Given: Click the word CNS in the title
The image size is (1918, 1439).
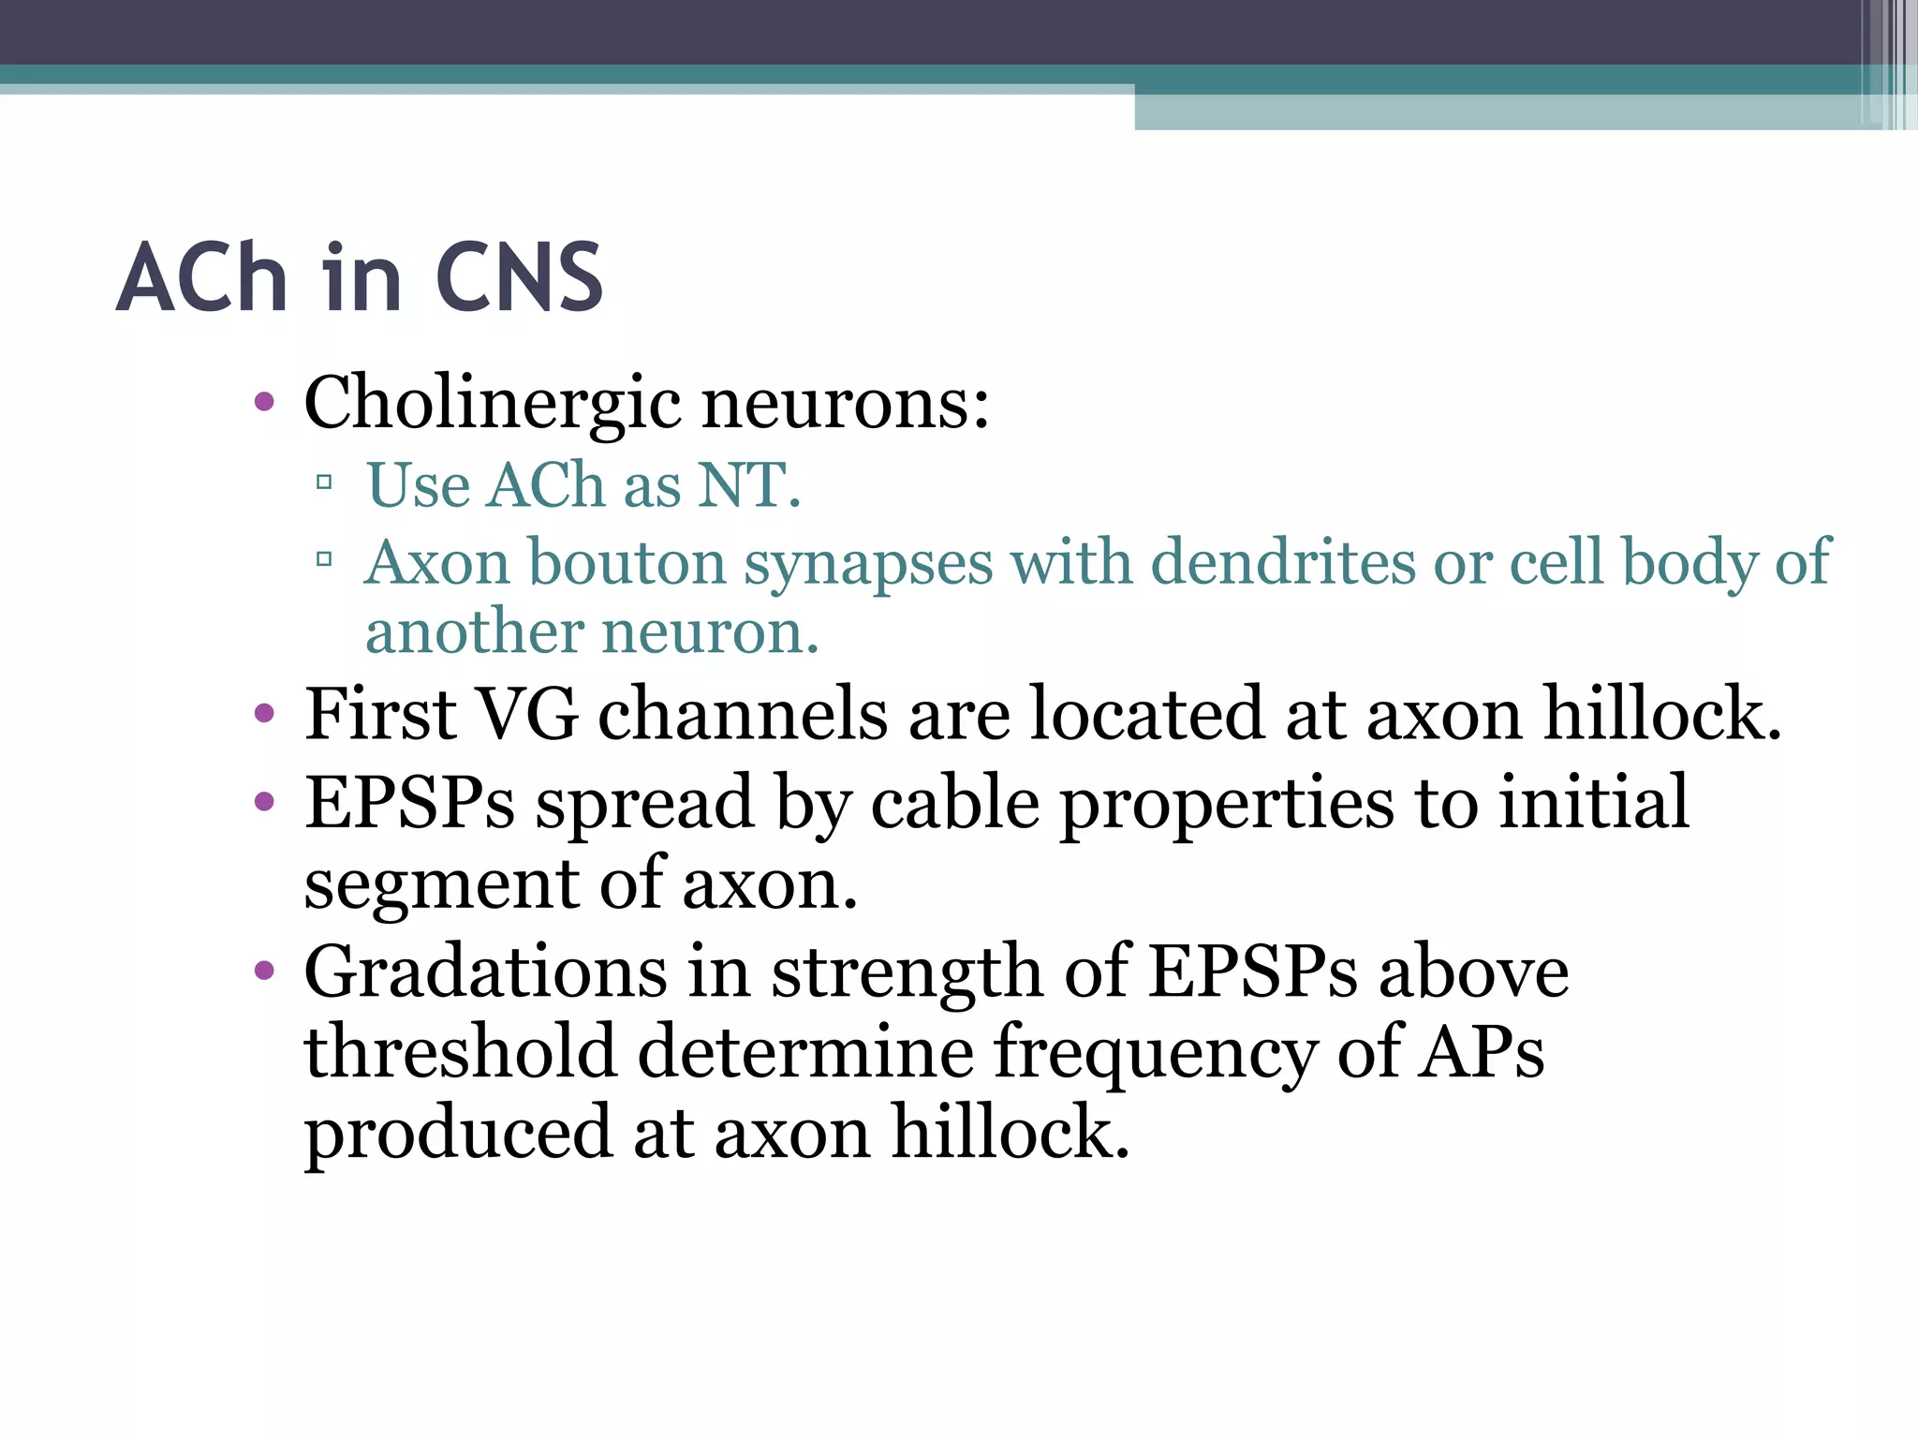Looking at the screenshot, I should pos(520,277).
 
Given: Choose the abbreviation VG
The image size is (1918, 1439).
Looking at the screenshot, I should pos(527,714).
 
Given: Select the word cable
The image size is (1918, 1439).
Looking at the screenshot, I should pos(955,803).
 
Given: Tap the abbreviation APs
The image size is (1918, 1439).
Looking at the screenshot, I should pos(1480,1051).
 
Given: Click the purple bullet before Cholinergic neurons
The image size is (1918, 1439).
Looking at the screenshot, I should pos(264,403).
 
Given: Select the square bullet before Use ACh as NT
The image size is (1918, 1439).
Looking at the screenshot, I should pos(324,483).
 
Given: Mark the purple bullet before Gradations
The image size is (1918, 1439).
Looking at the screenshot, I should pos(264,971).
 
